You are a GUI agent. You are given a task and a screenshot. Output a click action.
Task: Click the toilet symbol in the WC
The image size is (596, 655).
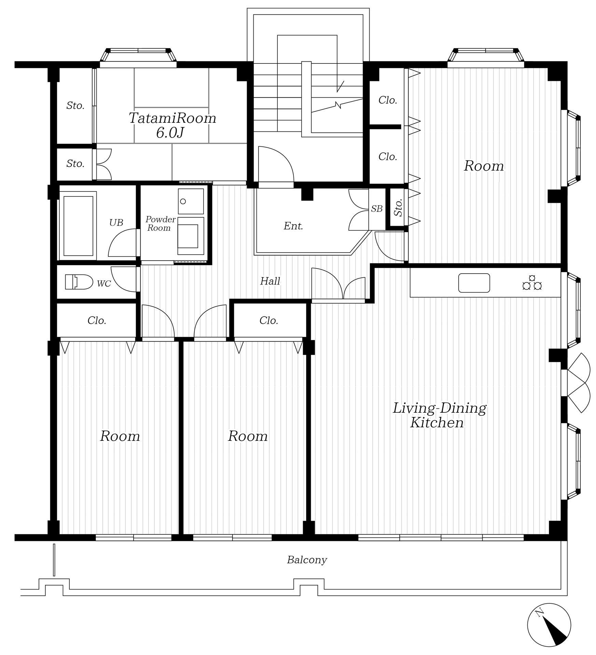[79, 282]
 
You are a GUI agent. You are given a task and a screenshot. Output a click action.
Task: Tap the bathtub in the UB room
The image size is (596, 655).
[78, 226]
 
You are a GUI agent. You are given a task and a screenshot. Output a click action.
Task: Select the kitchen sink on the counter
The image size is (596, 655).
[474, 283]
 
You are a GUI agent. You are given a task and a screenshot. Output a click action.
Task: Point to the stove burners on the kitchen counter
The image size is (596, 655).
[532, 282]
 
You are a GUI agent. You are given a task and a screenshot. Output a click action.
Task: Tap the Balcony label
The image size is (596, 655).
[307, 560]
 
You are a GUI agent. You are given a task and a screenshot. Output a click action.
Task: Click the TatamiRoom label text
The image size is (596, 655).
[172, 118]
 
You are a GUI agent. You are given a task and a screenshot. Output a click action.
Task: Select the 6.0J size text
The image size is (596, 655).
[170, 133]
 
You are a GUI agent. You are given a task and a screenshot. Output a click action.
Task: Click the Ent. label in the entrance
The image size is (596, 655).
[293, 226]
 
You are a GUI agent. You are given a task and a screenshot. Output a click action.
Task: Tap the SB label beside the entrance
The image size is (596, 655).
[377, 208]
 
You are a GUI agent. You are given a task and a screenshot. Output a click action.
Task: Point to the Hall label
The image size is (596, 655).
[270, 281]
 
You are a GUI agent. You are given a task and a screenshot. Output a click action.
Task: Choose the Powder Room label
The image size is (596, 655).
[160, 223]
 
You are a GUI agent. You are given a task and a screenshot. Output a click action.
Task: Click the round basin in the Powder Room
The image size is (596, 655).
[183, 201]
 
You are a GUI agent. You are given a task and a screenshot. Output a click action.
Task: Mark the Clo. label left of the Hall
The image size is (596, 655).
[97, 320]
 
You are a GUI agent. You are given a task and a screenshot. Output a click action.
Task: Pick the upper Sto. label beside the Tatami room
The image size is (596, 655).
[75, 105]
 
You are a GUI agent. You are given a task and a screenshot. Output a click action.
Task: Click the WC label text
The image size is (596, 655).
[104, 283]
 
